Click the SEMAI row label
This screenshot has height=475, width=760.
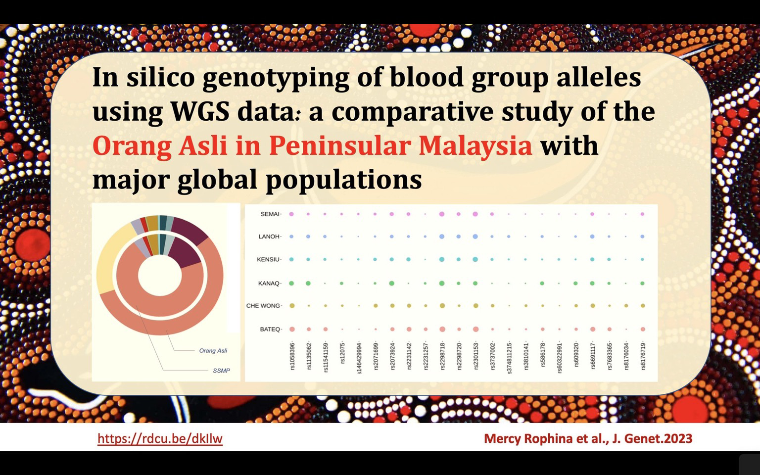point(270,214)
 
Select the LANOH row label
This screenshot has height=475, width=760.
point(269,237)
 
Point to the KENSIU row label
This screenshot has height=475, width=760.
point(268,260)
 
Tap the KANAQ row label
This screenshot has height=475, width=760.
point(268,284)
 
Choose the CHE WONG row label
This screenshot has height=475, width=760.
point(263,306)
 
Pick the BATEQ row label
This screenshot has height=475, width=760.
point(270,329)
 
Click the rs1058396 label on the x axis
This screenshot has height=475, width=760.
point(292,356)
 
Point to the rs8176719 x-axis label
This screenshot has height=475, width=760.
point(643,356)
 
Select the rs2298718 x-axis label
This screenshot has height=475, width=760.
point(442,356)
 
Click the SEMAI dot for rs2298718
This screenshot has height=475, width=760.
point(442,214)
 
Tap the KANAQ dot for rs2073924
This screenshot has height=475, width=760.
point(391,284)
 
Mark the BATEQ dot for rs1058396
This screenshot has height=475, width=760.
point(292,329)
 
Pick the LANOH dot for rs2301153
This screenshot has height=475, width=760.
point(475,237)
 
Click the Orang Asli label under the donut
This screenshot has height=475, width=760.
point(213,350)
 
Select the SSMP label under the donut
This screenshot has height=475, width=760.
point(221,371)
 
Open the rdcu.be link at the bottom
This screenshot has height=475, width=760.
point(160,439)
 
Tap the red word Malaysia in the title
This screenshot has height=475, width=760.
point(475,146)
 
